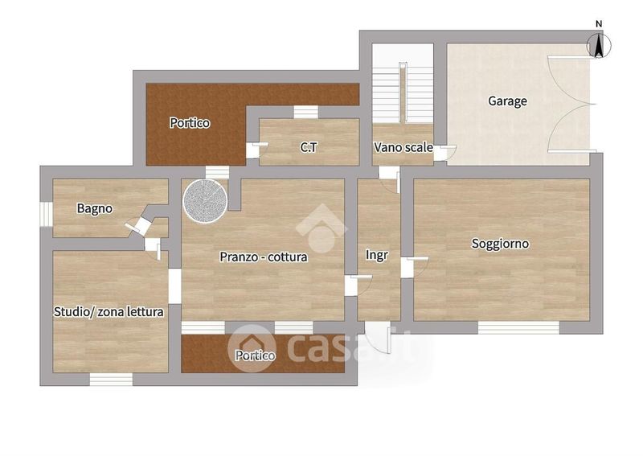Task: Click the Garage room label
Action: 507,101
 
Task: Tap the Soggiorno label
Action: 500,244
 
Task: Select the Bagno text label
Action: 94,209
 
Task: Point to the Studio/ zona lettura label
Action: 109,312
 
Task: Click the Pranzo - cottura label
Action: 264,257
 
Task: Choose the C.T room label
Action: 309,147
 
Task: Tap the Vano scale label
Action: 403,147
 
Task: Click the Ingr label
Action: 376,256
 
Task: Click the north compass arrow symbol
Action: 599,45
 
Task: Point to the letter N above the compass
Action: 599,24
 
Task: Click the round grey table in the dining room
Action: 205,202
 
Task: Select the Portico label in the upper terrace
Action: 190,123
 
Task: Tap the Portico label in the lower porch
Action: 255,355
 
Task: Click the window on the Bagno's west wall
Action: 46,214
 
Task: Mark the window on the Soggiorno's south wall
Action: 518,327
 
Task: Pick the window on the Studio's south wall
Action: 111,380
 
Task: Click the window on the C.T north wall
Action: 306,112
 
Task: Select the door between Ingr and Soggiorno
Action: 415,267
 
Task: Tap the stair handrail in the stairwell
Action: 403,92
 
